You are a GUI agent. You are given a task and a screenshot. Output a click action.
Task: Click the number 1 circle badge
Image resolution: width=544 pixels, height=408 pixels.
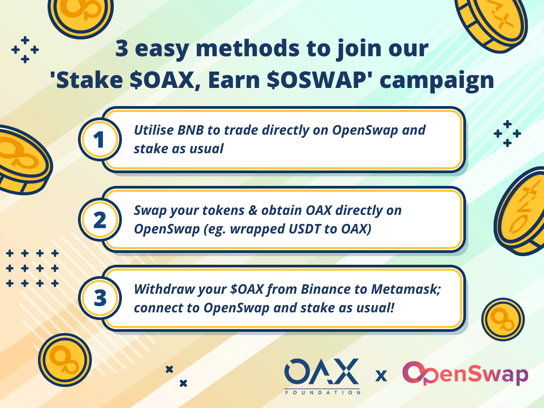click(x=100, y=140)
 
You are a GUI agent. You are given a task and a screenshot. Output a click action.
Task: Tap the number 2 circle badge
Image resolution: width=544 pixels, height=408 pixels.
click(x=100, y=219)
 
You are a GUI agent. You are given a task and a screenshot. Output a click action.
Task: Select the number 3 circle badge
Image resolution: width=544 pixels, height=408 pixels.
click(x=100, y=298)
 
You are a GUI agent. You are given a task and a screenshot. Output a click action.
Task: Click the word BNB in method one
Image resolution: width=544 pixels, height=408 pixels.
click(x=190, y=130)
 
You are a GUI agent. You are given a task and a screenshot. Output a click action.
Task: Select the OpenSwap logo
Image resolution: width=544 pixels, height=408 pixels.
click(x=465, y=374)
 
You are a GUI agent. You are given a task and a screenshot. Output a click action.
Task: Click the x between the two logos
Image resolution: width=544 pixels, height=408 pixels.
click(x=381, y=376)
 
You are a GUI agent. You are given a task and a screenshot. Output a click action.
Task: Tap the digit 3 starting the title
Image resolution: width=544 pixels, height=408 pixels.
click(x=121, y=49)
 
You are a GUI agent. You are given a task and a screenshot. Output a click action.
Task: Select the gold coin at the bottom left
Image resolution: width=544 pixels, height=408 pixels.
click(x=65, y=360)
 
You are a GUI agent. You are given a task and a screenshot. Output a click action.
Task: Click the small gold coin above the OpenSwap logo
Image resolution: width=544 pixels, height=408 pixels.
click(x=503, y=320)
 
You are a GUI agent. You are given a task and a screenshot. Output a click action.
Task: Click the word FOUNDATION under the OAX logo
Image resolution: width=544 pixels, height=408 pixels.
click(x=322, y=393)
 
